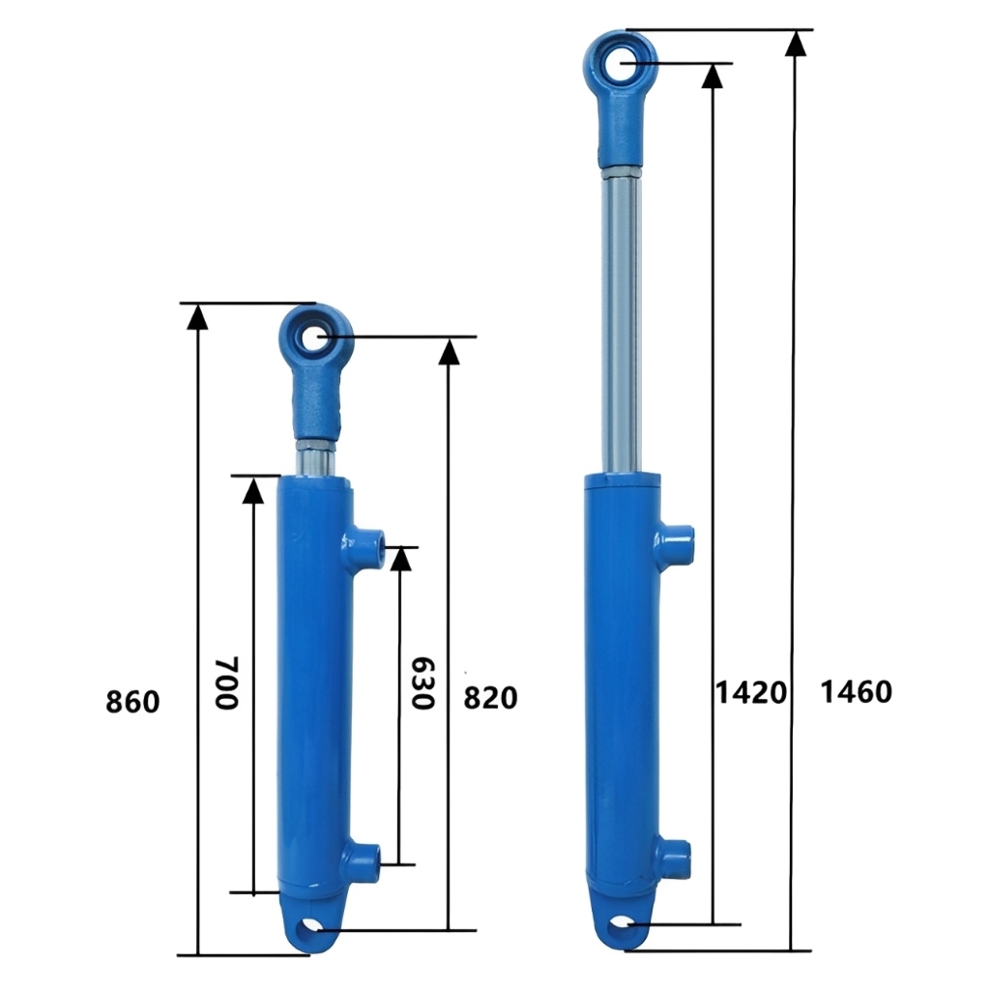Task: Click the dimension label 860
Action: [132, 702]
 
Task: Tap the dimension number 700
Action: [226, 684]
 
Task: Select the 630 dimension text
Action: [422, 684]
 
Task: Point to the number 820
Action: [490, 698]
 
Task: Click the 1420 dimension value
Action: [750, 692]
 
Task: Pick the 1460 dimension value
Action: [857, 691]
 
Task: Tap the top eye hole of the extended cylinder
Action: [620, 63]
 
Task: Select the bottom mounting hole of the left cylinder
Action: [310, 928]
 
